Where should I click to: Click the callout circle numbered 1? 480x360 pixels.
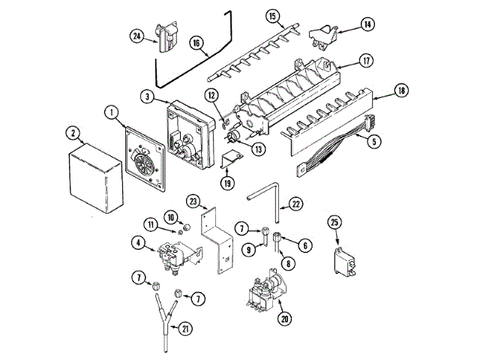click(112, 113)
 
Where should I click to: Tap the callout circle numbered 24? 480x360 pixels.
click(136, 34)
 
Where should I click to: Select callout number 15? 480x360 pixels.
click(272, 16)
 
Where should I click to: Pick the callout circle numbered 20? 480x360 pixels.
click(284, 318)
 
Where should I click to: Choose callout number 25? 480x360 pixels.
click(334, 222)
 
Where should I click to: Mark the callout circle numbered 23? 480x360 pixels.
click(193, 201)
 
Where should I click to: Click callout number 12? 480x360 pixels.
click(212, 94)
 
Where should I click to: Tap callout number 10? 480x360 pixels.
click(170, 217)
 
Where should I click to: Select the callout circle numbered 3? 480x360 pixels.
click(148, 97)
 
